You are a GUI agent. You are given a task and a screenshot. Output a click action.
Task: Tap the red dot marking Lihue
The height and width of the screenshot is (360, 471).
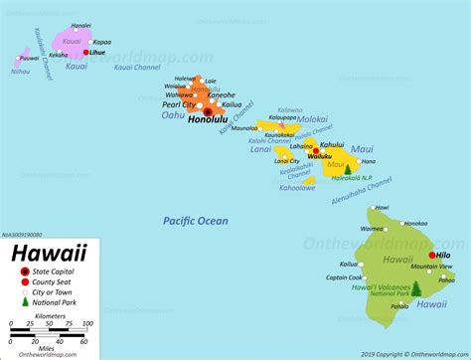pos(86,52)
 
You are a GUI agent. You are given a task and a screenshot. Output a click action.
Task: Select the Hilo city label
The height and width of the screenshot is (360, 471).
pos(444,255)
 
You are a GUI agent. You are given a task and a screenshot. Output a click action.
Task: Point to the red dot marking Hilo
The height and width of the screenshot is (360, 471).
pos(433,255)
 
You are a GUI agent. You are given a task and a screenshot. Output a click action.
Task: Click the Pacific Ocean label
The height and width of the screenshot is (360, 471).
pos(196,221)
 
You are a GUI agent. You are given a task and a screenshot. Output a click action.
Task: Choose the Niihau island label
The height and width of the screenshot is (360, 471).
pos(20,72)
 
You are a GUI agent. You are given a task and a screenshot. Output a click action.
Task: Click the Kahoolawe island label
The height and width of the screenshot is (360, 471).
pos(297,186)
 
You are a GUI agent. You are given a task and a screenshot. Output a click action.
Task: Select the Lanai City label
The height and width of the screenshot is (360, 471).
pos(287,160)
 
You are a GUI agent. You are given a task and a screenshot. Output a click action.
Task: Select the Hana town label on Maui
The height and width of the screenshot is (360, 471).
pos(369,161)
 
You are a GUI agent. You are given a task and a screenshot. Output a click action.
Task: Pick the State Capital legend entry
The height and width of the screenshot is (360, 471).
pos(56,271)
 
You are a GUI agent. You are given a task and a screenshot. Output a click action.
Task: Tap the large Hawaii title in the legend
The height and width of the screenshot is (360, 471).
pos(49,253)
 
